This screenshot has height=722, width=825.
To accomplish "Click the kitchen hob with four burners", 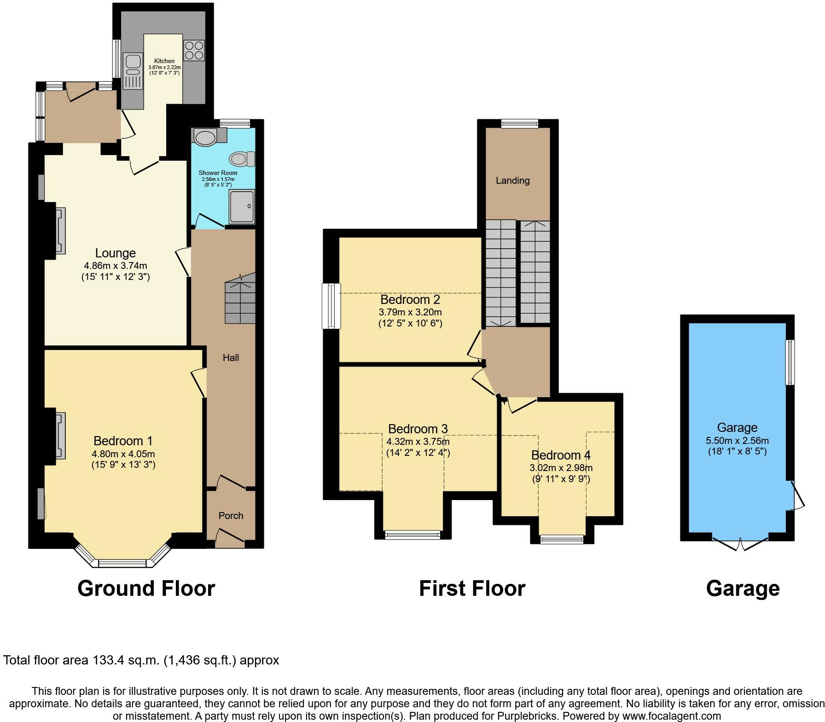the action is click(x=194, y=50).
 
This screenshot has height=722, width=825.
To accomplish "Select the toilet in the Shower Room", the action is click(x=243, y=159).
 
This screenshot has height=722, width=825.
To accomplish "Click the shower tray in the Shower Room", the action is click(x=242, y=207).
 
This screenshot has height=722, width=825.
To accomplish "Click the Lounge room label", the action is click(x=116, y=253).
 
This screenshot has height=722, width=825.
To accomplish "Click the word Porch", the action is click(x=231, y=516).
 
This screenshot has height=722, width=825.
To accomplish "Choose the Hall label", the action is click(x=231, y=358).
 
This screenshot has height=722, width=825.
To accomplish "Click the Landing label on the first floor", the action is click(x=513, y=180).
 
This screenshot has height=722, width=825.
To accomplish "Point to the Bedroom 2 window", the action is click(x=331, y=306).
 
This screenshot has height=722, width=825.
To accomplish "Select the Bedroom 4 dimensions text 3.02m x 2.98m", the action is click(x=561, y=468).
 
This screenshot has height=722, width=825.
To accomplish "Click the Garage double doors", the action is click(x=740, y=543).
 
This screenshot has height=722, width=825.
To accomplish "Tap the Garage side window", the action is click(x=790, y=362).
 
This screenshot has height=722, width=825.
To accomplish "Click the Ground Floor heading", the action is click(x=146, y=588).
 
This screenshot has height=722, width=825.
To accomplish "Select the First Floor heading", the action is click(x=472, y=588).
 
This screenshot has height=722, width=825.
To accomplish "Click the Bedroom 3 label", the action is click(x=418, y=429).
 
